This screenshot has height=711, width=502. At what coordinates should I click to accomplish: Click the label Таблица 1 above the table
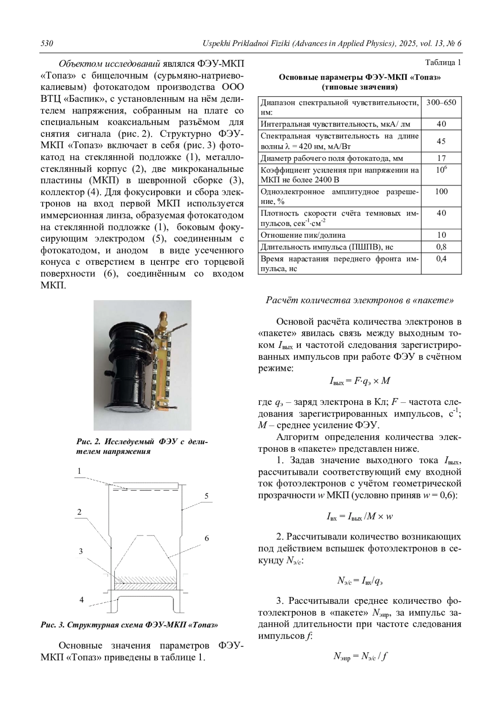443,63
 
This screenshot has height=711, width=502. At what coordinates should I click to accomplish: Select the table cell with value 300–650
441,103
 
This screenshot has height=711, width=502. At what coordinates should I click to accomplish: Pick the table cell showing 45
441,141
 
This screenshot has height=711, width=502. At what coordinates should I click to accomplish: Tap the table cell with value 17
441,158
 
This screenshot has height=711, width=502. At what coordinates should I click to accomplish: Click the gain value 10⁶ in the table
441,170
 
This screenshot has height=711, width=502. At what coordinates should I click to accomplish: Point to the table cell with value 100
441,192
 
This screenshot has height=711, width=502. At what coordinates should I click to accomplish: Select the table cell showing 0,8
441,247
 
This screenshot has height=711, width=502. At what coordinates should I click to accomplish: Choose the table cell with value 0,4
441,259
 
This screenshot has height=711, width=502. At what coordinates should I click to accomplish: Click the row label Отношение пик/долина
303,235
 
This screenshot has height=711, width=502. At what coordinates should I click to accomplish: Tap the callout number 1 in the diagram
79,471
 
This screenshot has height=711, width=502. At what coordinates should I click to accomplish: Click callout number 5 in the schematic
206,496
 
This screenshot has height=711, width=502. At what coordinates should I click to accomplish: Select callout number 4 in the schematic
82,600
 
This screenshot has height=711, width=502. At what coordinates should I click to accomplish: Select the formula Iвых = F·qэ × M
360,381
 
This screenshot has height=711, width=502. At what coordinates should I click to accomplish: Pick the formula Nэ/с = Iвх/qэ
360,580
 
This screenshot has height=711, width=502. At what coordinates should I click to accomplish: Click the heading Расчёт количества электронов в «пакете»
360,301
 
